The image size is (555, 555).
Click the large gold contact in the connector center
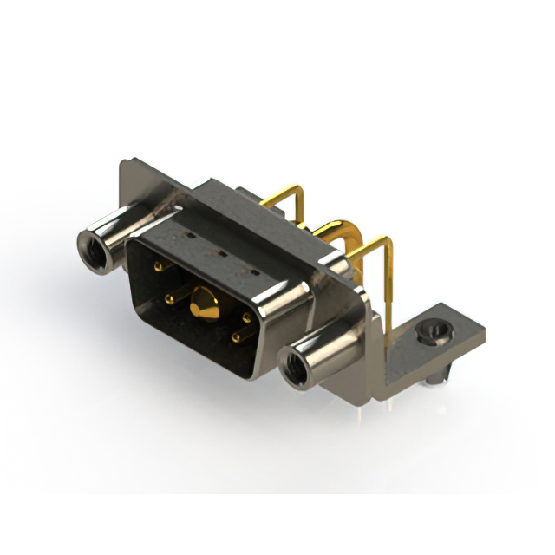[205, 303]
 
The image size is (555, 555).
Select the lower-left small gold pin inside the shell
[170, 299]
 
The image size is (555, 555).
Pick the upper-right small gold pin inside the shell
[246, 318]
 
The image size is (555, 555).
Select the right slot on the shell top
[252, 271]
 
